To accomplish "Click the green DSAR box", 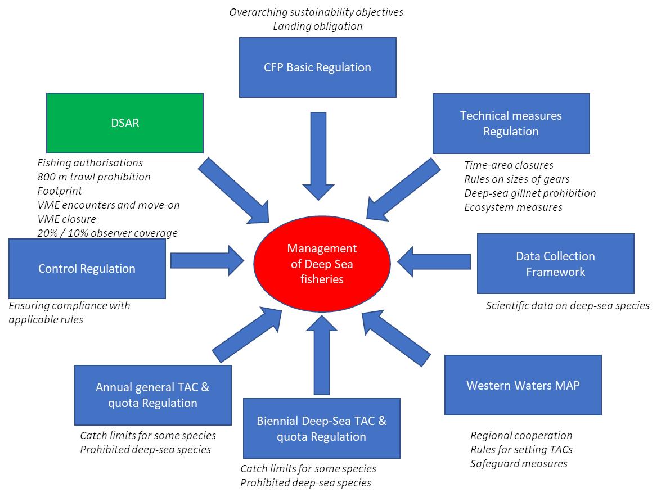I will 124,123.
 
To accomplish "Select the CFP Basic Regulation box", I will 317,67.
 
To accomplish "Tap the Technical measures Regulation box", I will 511,124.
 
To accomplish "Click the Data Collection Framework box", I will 555,264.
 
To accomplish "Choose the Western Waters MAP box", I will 523,385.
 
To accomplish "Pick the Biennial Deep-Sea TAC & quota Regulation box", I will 321,428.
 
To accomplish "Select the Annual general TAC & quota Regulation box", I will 152,395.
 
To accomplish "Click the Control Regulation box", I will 87,269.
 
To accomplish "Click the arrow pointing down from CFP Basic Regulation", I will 318,155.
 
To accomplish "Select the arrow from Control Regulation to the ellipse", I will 206,261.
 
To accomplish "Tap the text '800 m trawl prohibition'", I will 94,177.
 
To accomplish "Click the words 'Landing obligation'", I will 317,26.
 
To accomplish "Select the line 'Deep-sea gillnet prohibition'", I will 530,193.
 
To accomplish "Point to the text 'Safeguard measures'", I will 519,464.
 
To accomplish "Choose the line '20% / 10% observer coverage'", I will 107,233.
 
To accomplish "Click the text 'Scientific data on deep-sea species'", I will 568,306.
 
